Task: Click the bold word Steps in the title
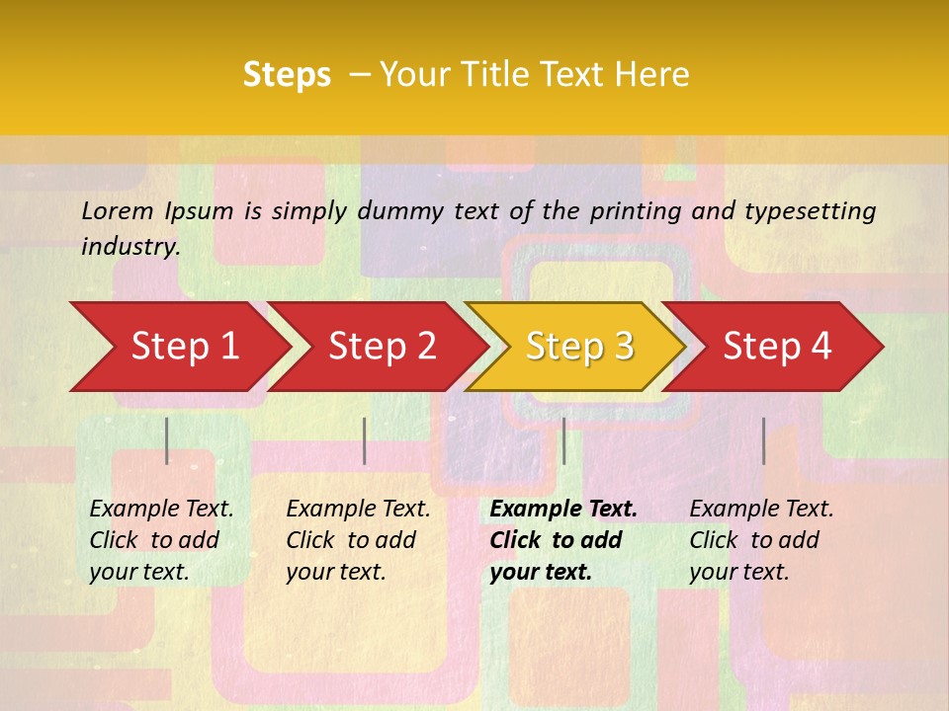[287, 75]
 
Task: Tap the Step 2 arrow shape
[376, 347]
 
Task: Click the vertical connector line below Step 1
[167, 440]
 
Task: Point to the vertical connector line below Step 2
[365, 440]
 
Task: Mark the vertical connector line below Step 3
[563, 440]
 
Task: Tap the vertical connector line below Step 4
[763, 440]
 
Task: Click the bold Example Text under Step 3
[563, 510]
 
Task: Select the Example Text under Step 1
[161, 510]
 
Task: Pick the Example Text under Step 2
[358, 510]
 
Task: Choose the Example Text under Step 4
[761, 510]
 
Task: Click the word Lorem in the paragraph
[118, 210]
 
